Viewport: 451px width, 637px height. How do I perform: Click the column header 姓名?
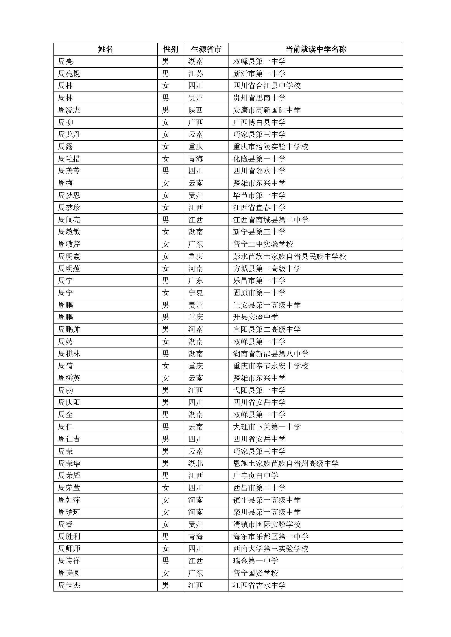106,49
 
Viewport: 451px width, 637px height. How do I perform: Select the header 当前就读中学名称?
316,49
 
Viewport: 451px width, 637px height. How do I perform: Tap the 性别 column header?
170,49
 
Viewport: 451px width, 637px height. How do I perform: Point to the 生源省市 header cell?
206,49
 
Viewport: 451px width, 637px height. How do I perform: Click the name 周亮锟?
69,74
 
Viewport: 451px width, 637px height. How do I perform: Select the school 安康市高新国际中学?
267,110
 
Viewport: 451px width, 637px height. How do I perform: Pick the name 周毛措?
69,159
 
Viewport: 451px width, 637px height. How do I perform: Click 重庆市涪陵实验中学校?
271,147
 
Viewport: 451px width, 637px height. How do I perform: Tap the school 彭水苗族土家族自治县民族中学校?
290,256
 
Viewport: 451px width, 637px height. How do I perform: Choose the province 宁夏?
196,293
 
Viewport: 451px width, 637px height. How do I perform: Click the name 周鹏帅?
69,329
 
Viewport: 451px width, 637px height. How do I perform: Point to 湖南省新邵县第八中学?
271,354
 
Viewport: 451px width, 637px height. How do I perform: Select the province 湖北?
196,463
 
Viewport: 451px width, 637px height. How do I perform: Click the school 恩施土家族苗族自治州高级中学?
286,463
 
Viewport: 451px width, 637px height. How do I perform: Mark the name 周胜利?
69,537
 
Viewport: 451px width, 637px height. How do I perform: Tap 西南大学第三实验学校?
271,548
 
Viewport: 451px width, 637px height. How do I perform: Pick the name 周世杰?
69,586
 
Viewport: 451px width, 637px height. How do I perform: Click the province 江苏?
196,74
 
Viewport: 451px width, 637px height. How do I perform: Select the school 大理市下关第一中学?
267,427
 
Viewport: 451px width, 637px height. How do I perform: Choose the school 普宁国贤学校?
255,573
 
